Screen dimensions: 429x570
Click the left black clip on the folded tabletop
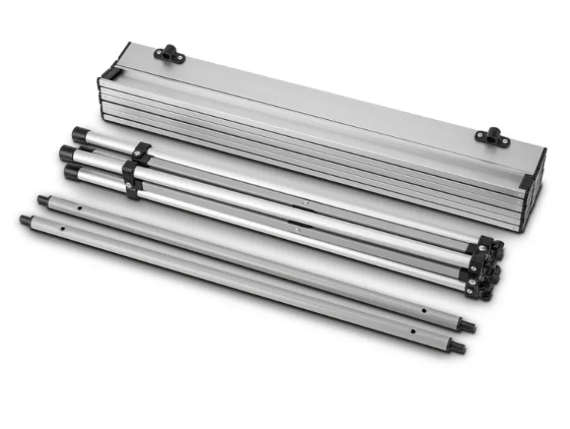pos(170,54)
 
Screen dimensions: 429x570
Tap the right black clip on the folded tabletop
pos(489,136)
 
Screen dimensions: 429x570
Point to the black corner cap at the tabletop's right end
pos(528,182)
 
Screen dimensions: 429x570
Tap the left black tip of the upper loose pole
pos(43,200)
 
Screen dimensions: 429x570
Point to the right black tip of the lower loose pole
pos(459,347)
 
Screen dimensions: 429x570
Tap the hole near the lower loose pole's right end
pos(413,331)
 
